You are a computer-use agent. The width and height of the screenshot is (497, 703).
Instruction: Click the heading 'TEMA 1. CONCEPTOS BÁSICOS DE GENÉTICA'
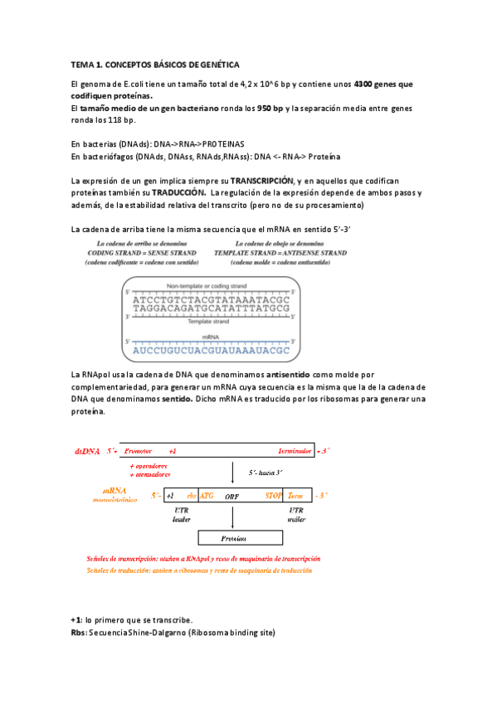155,64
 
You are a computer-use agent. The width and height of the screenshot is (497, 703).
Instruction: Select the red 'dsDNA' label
86,452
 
